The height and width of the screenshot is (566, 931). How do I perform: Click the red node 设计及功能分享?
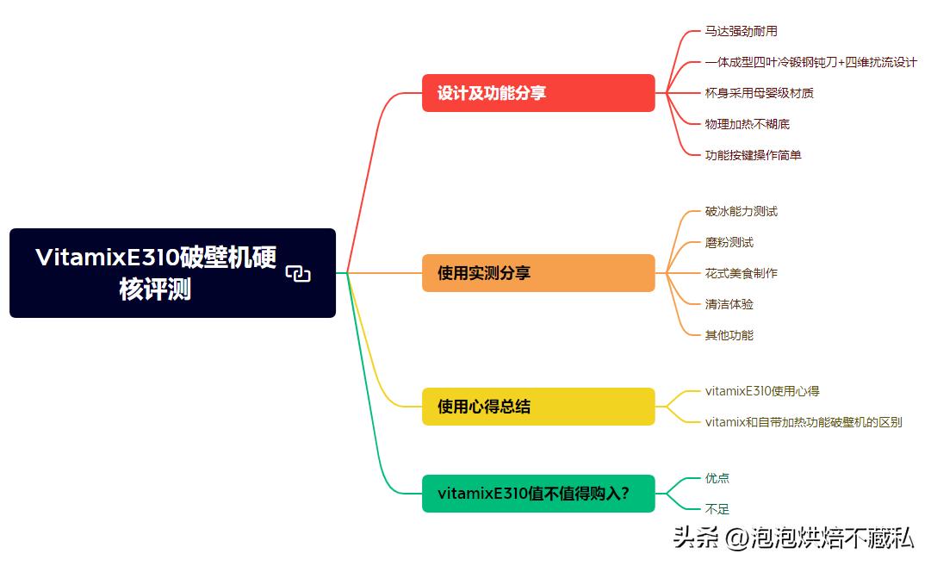tap(537, 93)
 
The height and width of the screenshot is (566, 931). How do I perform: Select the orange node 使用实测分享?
tap(537, 273)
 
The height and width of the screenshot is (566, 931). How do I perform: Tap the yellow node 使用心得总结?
tap(537, 407)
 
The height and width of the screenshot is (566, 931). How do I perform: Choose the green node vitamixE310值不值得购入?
tap(537, 494)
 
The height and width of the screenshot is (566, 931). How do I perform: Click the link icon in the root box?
tap(298, 274)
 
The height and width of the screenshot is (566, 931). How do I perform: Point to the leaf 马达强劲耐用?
tap(741, 31)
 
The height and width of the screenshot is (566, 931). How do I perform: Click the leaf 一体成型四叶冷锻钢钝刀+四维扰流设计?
tap(810, 62)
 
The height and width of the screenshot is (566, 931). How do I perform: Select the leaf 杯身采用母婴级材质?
tap(759, 93)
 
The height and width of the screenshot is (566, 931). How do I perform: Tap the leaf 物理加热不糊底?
tap(747, 124)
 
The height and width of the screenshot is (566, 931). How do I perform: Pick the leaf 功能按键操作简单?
tap(753, 155)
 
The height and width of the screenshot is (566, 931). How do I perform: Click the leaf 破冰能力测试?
tap(741, 211)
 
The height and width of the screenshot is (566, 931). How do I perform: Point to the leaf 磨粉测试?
tap(729, 242)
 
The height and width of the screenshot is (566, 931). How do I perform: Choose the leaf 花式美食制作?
tap(741, 273)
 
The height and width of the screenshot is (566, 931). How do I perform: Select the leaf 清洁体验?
tap(729, 304)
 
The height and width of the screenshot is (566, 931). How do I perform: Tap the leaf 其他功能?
tap(729, 335)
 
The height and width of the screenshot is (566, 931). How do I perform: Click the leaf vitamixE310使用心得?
tap(762, 391)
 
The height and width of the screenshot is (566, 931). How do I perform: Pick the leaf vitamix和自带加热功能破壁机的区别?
tap(804, 422)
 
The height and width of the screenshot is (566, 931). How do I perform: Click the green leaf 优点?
tap(717, 478)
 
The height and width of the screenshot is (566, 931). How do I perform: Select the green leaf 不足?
tap(717, 509)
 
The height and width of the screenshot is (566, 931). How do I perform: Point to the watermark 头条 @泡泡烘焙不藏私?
tap(792, 538)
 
